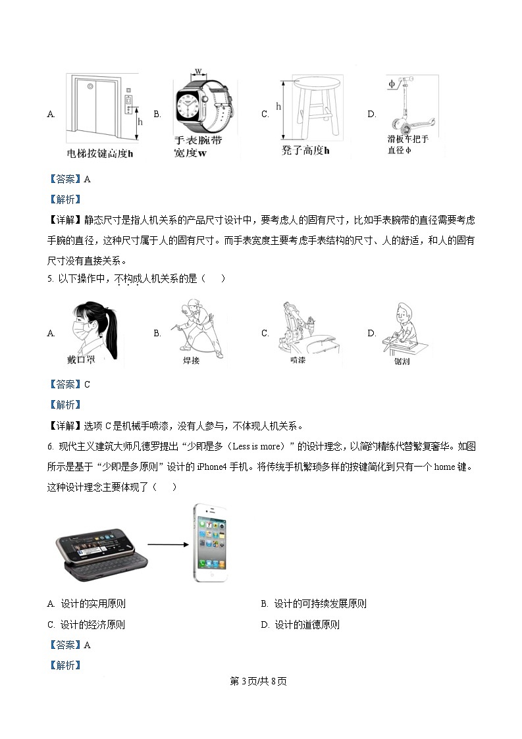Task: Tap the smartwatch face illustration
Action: click(x=196, y=106)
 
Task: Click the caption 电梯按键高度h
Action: click(x=100, y=154)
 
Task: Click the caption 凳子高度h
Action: click(x=305, y=151)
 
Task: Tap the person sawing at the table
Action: click(x=403, y=329)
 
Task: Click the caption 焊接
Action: click(x=191, y=361)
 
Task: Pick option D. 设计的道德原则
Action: click(x=300, y=625)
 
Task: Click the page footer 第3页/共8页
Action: click(x=259, y=681)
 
